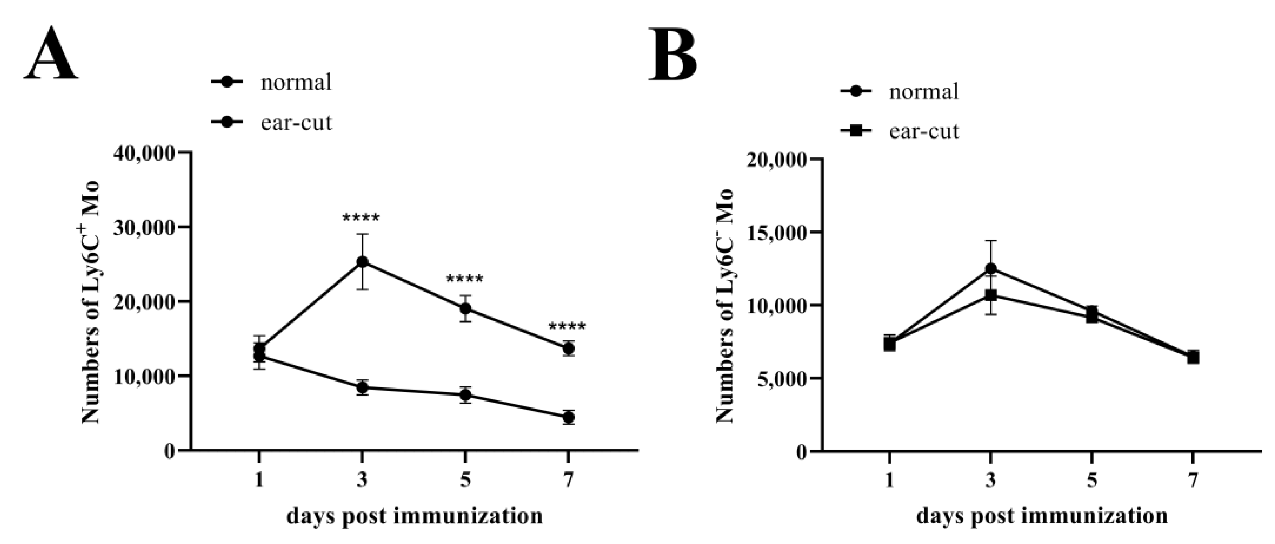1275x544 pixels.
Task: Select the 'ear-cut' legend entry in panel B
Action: [924, 131]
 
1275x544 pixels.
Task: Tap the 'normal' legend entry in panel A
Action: [296, 82]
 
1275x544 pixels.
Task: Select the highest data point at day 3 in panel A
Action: [362, 261]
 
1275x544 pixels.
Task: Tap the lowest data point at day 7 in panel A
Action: [568, 418]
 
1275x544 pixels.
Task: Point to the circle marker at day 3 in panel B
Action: [990, 268]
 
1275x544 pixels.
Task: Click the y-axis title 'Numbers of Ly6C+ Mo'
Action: [91, 302]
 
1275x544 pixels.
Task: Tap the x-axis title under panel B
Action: [1042, 516]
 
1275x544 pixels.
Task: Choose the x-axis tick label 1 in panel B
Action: [889, 480]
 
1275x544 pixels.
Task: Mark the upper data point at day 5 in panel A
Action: [465, 309]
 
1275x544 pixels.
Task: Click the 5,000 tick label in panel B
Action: [781, 378]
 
